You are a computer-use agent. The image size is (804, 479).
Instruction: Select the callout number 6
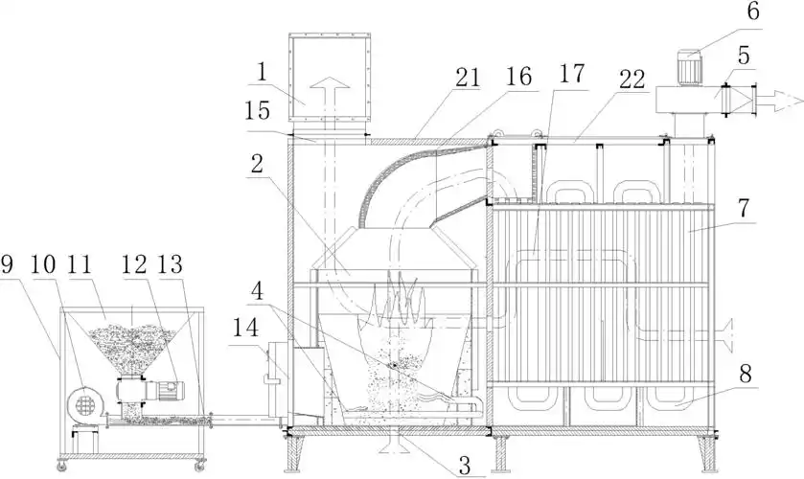(751, 12)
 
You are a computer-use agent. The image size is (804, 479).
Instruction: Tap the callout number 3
(465, 467)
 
